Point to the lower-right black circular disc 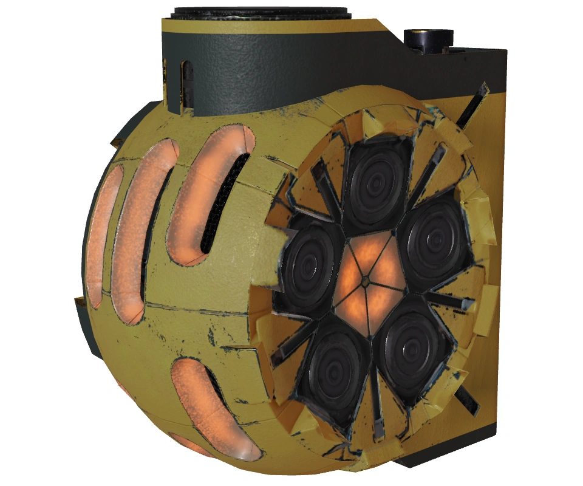click(414, 346)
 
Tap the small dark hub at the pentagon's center click(366, 281)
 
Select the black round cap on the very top click(261, 13)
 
